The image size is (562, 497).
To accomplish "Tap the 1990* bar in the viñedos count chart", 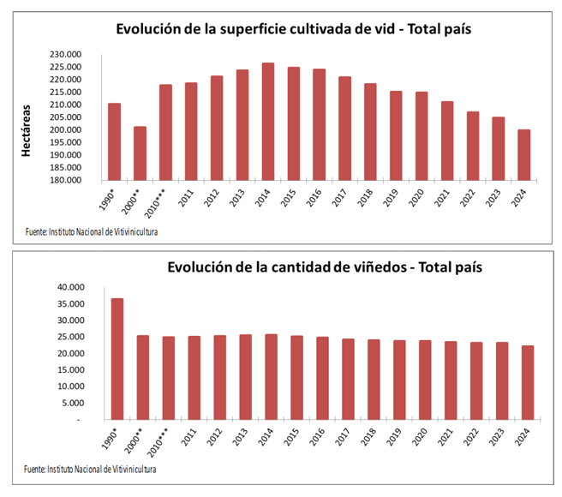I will [114, 359].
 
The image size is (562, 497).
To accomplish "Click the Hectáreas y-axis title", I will [27, 130].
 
